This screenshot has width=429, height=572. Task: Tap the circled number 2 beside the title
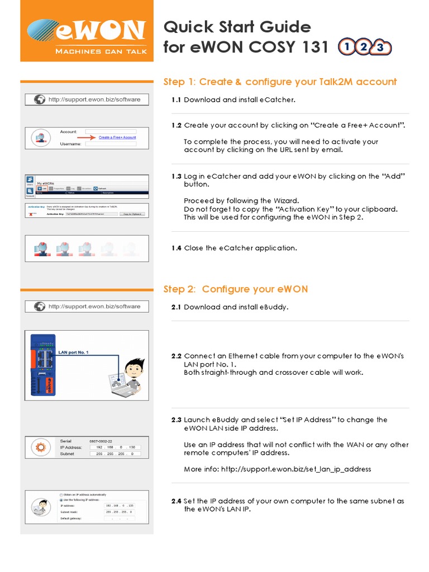364,47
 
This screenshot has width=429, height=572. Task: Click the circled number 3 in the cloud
380,47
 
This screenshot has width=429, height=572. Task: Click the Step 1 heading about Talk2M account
280,82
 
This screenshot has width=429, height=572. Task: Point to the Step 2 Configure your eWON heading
235,289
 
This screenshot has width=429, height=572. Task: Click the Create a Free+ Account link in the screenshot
117,137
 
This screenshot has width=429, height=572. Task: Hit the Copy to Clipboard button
135,214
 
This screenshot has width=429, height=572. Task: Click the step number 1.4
176,248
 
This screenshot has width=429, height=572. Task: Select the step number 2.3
176,420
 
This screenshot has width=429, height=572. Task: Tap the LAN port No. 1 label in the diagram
73,352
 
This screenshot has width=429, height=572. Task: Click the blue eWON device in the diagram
42,363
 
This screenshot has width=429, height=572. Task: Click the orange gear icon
40,447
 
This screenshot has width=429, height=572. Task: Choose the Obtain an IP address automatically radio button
60,494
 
